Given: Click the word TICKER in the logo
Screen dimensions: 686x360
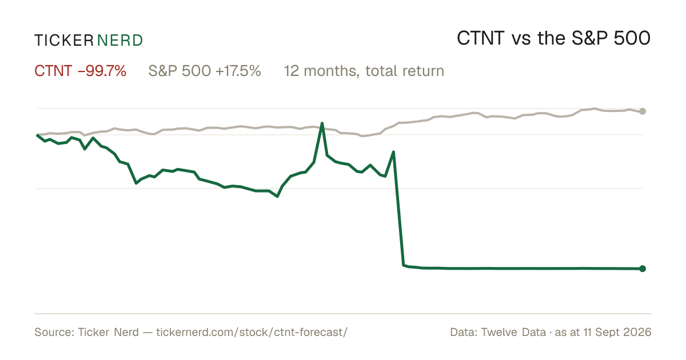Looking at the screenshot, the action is [x=64, y=41].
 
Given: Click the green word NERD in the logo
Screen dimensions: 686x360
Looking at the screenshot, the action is [x=120, y=41].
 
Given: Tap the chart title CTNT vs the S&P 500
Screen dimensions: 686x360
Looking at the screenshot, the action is [x=554, y=38].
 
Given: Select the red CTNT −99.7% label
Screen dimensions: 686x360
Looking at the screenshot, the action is [x=80, y=71].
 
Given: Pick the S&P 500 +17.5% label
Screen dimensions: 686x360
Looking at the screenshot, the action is [x=205, y=71].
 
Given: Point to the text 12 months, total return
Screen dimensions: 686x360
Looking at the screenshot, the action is [x=364, y=71].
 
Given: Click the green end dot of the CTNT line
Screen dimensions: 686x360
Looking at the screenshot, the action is [x=643, y=269].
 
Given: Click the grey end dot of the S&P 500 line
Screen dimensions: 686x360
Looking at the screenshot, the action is [x=643, y=111].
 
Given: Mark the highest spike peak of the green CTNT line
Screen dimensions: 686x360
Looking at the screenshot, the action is [x=322, y=123].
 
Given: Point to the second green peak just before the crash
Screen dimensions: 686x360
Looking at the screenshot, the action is [x=393, y=151].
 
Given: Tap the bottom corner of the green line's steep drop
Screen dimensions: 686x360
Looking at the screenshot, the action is [x=404, y=265].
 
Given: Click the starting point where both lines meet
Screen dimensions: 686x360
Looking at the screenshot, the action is [x=37, y=135].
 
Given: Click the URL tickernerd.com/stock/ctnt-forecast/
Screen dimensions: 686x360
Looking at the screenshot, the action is [x=252, y=332].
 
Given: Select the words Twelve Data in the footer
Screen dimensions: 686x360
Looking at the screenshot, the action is [x=513, y=332].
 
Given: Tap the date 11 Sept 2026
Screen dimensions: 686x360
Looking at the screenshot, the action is [x=617, y=332].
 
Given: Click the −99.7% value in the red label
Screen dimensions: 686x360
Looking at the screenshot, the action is [x=102, y=71].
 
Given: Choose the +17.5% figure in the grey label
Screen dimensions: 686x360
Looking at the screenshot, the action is [x=238, y=71].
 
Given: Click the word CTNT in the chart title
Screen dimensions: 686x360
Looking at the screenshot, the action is [x=481, y=38].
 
